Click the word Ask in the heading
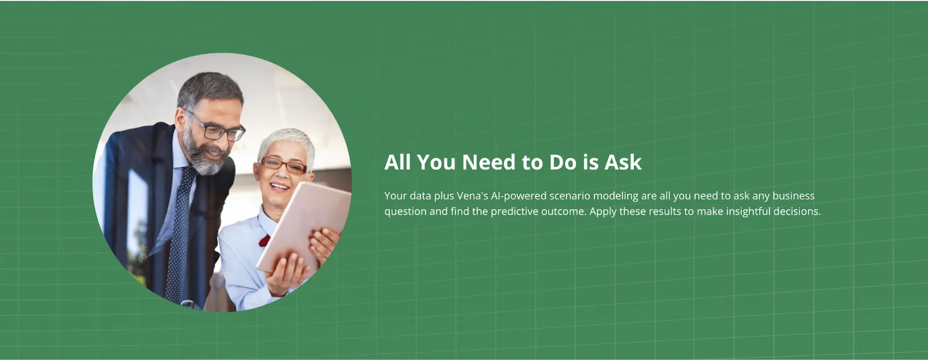pos(623,162)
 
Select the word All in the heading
pos(397,162)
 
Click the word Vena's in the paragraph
pos(472,196)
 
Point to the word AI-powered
pos(519,196)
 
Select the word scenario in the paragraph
pos(570,196)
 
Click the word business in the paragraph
pos(793,196)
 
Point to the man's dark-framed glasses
pos(217,129)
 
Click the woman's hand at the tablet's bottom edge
pos(287,272)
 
